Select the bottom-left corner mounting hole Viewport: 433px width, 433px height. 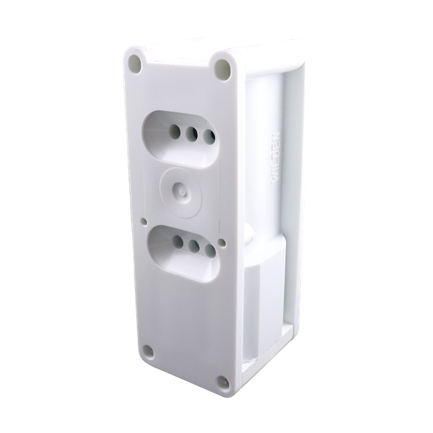(148, 352)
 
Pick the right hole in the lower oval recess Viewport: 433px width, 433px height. (210, 250)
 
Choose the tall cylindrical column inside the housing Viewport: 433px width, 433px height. (263, 144)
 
